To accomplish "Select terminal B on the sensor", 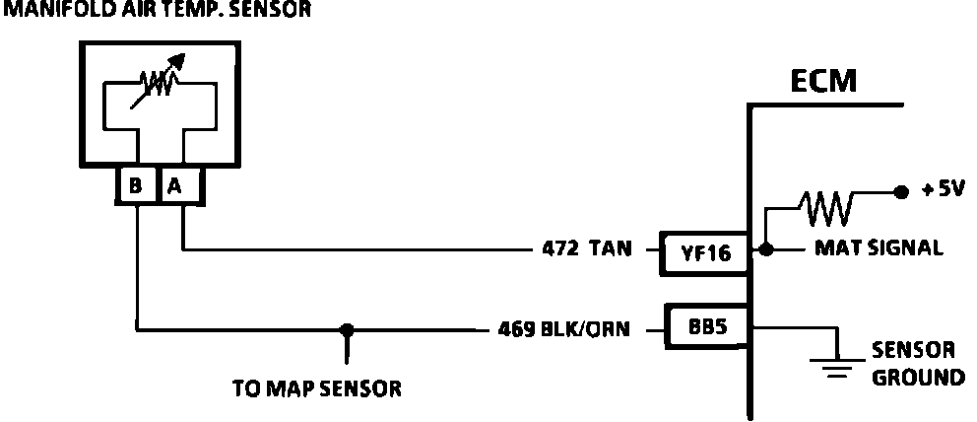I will coord(136,185).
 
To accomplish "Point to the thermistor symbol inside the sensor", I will coord(158,88).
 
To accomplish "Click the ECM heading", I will coord(823,80).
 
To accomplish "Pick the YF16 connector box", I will coord(705,253).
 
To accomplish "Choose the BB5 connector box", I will coord(705,325).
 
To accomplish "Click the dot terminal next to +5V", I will coord(899,191).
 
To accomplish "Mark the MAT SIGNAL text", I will coord(878,249).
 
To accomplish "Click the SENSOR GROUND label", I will coord(913,364).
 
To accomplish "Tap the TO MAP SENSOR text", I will coord(316,387).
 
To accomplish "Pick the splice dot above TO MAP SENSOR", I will coord(346,328).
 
